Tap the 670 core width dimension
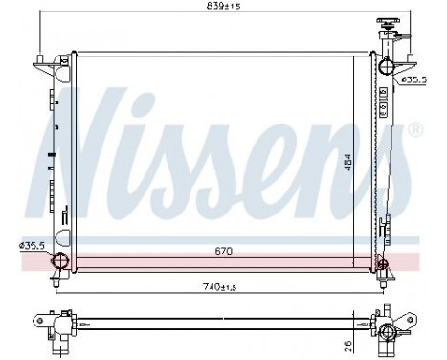pyautogui.click(x=223, y=251)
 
